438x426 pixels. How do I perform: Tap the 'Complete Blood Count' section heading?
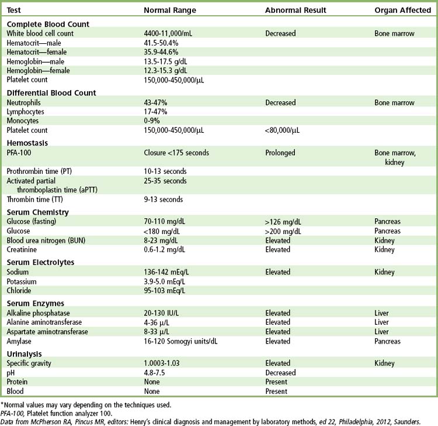tap(48, 24)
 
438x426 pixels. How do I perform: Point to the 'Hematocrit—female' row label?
tap(34, 52)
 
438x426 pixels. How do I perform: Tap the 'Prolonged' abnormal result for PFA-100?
tap(280, 153)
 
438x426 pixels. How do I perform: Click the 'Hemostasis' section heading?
tap(27, 143)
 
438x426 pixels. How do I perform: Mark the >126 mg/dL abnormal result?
tap(283, 222)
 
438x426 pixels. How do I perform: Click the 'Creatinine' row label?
tap(22, 249)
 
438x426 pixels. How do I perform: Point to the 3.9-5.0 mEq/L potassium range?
tap(169, 281)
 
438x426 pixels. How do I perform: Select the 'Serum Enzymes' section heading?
tap(35, 303)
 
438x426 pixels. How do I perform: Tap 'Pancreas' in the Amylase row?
tap(388, 341)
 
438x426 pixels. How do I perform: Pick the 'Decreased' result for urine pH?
tap(280, 373)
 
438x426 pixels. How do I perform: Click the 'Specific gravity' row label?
tap(29, 363)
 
